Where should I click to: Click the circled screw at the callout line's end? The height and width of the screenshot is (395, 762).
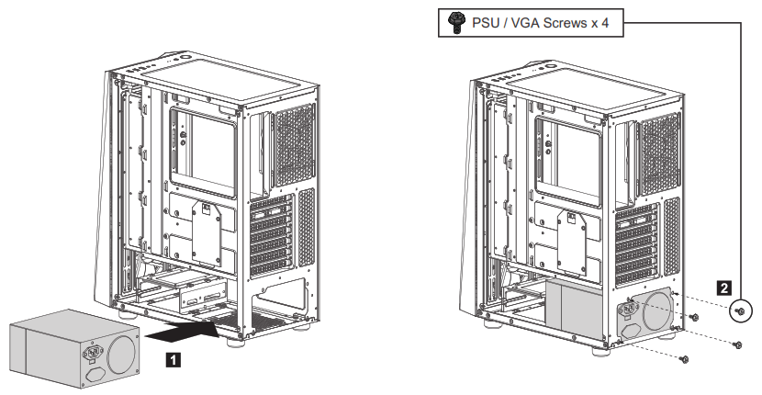(740, 313)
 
